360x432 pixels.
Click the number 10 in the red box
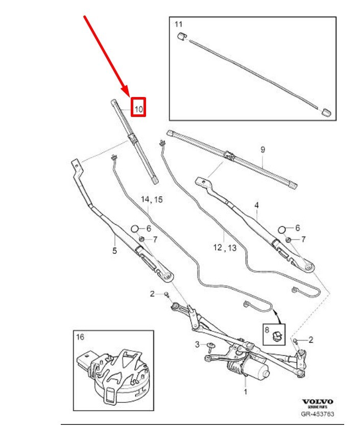tap(139, 108)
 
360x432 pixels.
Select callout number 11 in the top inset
tap(178, 24)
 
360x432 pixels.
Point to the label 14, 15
tap(152, 200)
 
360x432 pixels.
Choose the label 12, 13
tap(225, 248)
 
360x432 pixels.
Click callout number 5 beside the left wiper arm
tap(114, 250)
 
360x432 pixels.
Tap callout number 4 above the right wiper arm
tap(257, 205)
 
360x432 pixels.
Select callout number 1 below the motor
tap(245, 392)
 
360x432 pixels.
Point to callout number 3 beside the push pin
tap(198, 346)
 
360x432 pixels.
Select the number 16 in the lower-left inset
tap(81, 337)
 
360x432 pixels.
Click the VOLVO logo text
tap(318, 402)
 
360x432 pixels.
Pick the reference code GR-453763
tap(318, 414)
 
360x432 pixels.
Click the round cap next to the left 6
tap(135, 229)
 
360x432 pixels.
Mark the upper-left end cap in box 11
tap(180, 36)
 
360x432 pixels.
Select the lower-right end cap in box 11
tap(326, 111)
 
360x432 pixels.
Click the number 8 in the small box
tap(267, 329)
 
